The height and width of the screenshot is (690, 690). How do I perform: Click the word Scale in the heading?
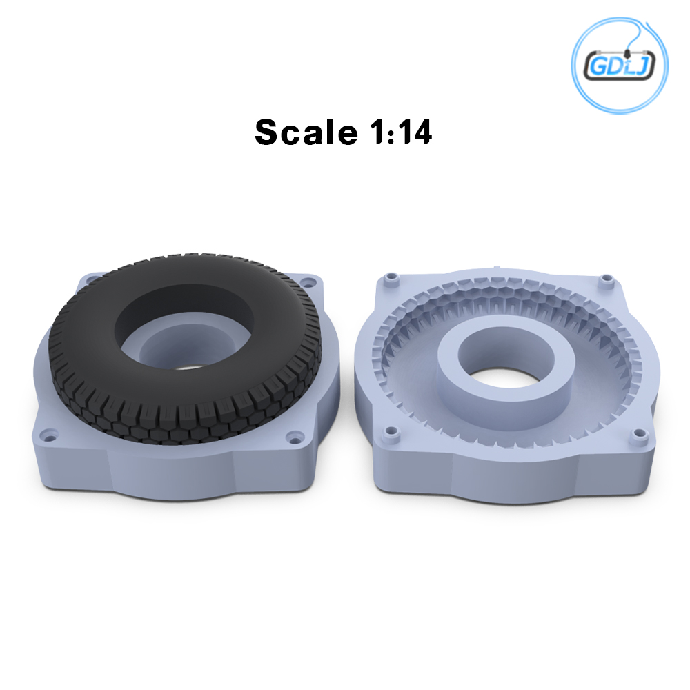point(306,132)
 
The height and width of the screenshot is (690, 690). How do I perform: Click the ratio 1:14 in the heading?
point(401,132)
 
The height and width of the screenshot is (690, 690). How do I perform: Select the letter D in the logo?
point(614,66)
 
